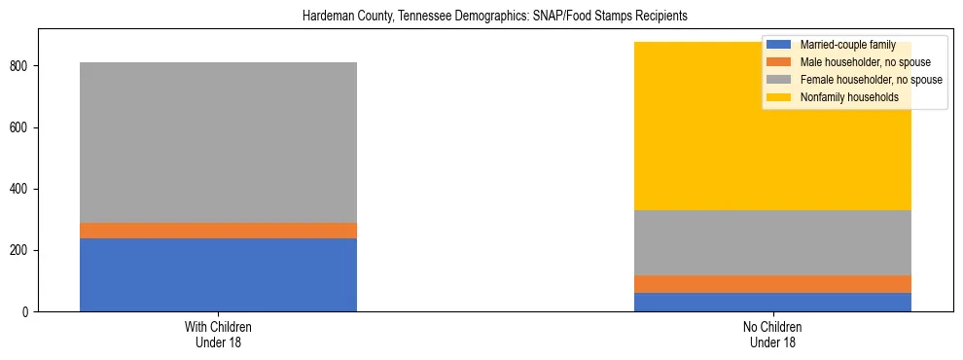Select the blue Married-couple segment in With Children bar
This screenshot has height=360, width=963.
(218, 274)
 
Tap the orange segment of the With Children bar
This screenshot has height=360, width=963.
(218, 231)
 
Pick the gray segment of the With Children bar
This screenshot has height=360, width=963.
(218, 142)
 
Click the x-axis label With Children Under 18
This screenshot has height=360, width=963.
(218, 335)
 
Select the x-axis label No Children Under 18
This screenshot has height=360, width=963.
(773, 335)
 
